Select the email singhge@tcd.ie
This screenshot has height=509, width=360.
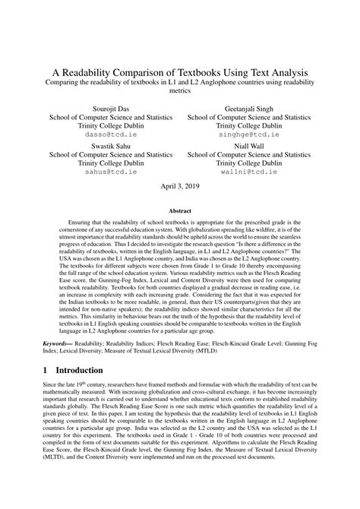(x=248, y=134)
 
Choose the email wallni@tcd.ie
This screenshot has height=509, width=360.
(x=248, y=171)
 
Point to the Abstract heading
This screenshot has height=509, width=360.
(x=180, y=213)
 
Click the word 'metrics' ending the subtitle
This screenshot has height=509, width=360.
(x=180, y=90)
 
